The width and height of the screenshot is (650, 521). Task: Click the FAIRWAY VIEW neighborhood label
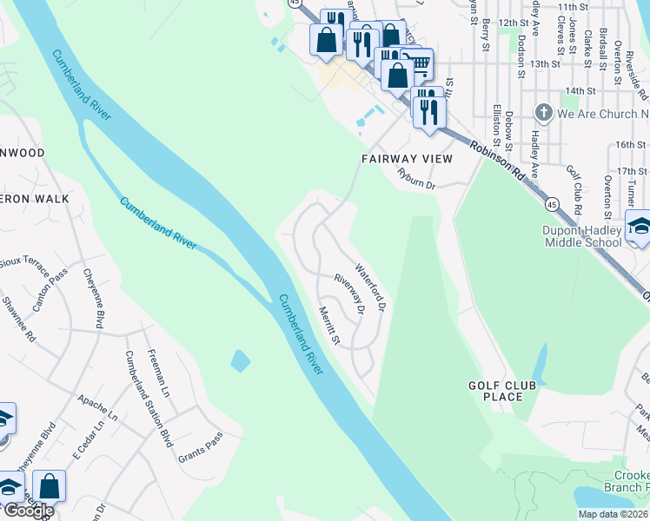407,159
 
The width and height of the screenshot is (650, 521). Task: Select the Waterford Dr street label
368,287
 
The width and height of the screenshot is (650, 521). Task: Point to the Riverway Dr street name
348,293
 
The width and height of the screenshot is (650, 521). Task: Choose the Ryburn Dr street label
415,179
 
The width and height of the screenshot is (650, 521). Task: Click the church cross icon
544,113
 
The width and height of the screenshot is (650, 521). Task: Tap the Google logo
28,511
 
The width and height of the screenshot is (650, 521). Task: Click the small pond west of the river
240,359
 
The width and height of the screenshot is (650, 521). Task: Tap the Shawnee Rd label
20,318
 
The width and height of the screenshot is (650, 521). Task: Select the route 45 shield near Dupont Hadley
552,203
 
